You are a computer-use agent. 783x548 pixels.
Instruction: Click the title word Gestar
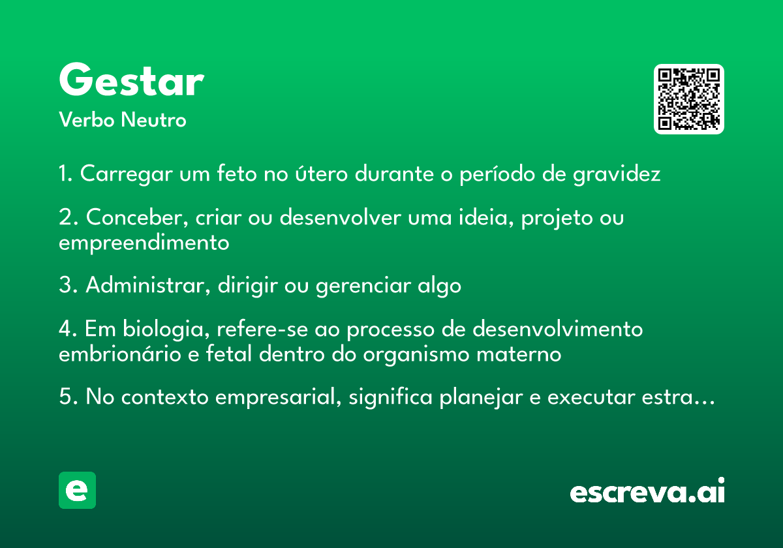131,80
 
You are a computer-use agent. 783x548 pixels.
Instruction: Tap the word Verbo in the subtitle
87,119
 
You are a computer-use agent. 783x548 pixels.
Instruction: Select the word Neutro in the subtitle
153,119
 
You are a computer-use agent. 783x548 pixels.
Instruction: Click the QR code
688,99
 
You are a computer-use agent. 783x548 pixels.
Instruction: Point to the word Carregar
126,174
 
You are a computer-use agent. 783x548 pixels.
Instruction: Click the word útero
321,173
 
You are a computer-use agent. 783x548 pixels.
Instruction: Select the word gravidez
617,174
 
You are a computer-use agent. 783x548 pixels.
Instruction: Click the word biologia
166,329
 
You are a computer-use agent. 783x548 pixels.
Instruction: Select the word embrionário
120,354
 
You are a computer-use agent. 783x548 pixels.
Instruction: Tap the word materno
519,354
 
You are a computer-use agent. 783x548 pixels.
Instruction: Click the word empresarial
278,398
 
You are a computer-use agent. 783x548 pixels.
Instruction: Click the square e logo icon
77,490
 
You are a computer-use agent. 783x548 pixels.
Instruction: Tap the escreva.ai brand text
647,490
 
